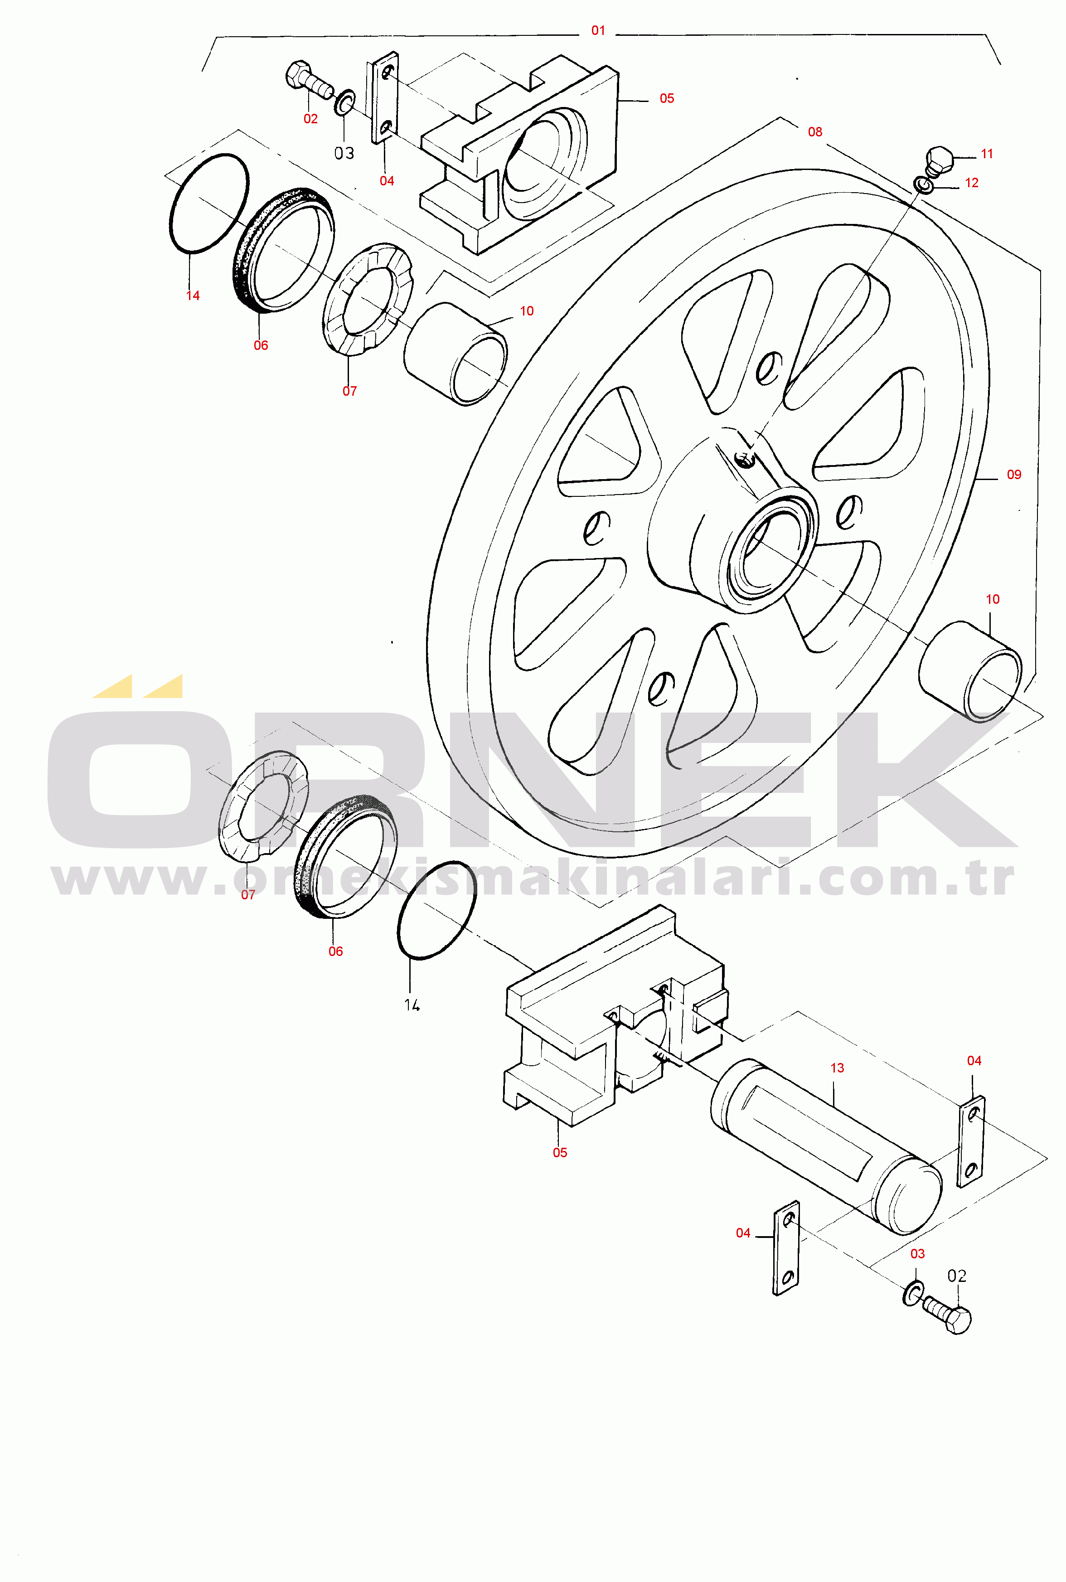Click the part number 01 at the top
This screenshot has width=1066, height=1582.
598,30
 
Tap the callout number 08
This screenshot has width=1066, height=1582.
815,132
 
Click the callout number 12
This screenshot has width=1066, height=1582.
972,183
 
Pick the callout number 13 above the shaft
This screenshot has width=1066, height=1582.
838,1068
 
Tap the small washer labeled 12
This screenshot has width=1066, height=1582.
923,184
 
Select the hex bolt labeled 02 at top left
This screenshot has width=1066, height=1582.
308,79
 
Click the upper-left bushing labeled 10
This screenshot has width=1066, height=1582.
455,354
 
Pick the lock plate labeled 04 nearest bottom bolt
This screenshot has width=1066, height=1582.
786,1248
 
